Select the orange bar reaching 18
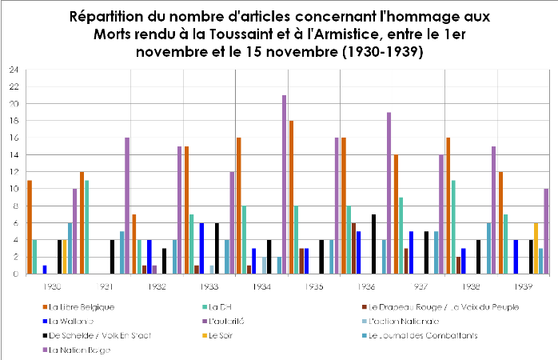coord(291,197)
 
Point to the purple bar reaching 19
coord(389,193)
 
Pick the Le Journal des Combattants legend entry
coord(419,335)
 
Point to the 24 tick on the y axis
coord(14,70)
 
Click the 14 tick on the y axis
coord(14,155)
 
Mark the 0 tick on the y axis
coord(16,274)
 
